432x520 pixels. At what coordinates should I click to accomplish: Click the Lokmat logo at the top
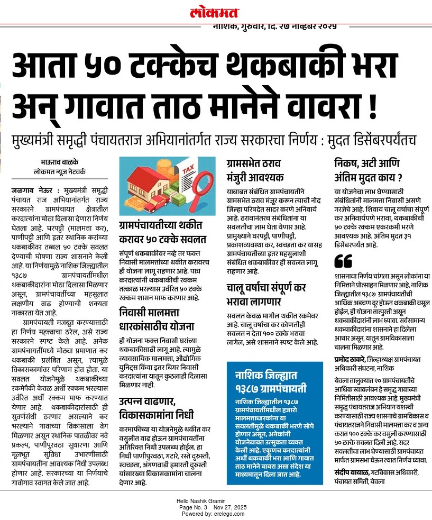215,13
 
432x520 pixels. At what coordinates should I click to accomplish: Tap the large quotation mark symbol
343,261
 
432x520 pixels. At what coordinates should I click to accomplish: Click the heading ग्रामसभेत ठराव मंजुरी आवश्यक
256,170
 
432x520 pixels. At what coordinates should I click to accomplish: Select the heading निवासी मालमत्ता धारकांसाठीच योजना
157,318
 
